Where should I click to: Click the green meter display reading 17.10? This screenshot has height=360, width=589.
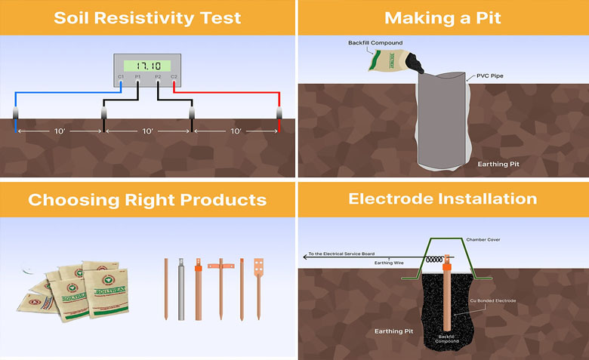(147, 66)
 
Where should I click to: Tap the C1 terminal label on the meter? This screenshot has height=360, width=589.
(121, 77)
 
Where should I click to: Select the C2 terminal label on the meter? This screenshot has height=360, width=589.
(174, 77)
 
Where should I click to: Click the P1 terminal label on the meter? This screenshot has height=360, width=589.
(138, 77)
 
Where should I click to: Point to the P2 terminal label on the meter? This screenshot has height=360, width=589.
(157, 77)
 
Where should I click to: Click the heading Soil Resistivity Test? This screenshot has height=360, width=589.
(147, 17)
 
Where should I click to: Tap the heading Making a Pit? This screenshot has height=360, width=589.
(443, 17)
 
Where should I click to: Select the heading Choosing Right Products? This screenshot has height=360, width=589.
(147, 200)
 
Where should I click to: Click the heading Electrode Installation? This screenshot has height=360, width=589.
(443, 199)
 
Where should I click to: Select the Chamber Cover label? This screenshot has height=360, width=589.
(503, 240)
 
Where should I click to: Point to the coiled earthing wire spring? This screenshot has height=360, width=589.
(430, 257)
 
